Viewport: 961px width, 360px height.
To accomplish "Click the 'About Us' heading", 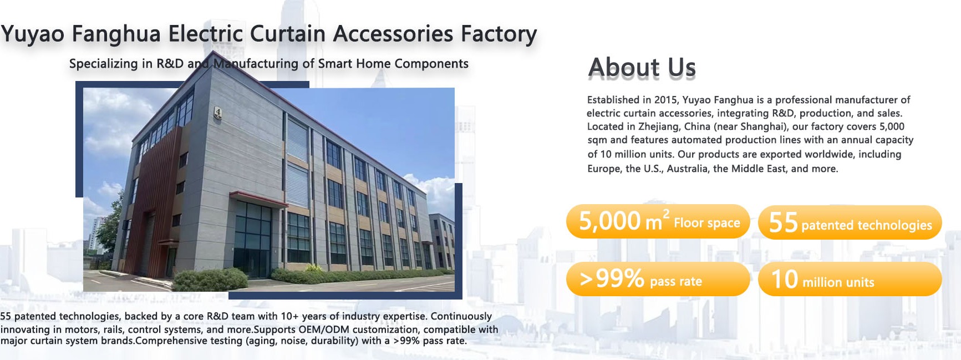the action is point(642,68).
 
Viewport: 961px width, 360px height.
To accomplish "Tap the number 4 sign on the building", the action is point(218,113).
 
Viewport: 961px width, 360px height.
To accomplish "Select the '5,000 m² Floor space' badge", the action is point(658,222).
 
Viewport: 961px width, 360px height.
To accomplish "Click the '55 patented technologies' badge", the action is point(850,222).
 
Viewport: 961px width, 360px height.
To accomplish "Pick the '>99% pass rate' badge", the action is point(658,279).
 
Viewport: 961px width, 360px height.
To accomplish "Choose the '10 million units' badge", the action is point(850,279).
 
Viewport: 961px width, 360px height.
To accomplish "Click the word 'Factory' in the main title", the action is point(499,34).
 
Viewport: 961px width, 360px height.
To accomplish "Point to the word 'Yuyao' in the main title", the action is point(33,34).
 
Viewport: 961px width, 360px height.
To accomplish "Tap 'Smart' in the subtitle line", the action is point(335,64).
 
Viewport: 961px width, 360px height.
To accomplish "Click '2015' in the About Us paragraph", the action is point(665,100).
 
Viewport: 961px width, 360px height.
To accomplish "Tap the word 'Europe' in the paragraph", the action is point(604,169).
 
